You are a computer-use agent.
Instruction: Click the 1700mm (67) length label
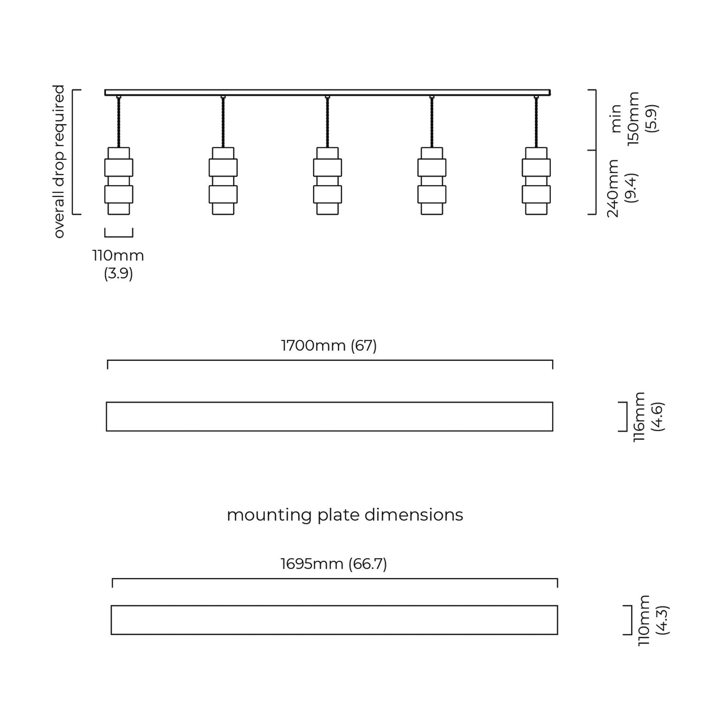point(329,345)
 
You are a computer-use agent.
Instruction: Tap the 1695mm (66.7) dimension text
point(333,564)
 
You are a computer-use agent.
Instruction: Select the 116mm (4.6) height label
point(649,417)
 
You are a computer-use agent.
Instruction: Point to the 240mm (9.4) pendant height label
point(622,189)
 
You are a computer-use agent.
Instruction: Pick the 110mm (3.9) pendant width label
point(118,264)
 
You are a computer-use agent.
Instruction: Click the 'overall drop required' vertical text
point(59,161)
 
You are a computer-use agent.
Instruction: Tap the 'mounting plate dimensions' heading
point(345,515)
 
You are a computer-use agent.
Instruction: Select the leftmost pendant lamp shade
point(119,181)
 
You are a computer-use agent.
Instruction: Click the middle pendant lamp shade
point(327,181)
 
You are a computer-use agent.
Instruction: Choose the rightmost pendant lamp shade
point(536,181)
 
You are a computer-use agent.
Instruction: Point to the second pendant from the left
point(223,181)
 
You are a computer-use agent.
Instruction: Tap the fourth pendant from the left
point(432,181)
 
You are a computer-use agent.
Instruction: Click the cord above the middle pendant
point(327,122)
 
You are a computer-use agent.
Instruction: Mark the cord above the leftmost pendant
point(119,122)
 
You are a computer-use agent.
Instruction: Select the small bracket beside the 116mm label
point(624,417)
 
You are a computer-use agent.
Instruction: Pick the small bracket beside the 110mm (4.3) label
point(629,620)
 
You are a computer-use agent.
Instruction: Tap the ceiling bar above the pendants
point(327,92)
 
